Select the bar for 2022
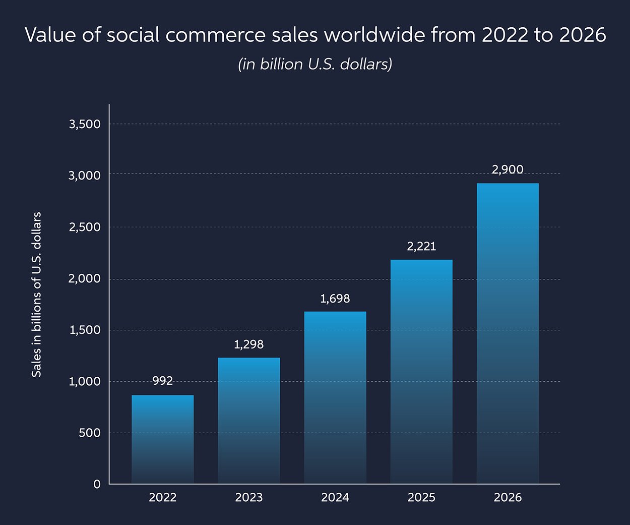point(162,439)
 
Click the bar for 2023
point(248,421)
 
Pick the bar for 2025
point(421,372)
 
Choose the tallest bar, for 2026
point(508,333)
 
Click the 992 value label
point(162,381)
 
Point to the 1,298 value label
point(248,344)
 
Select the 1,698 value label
point(335,299)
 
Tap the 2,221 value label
point(421,247)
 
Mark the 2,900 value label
point(508,170)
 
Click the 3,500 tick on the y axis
point(85,124)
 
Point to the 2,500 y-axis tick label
point(85,227)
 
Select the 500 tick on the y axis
point(90,433)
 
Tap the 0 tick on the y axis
point(97,484)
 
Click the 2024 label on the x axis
point(335,498)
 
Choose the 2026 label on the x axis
point(508,498)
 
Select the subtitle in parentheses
point(315,65)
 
